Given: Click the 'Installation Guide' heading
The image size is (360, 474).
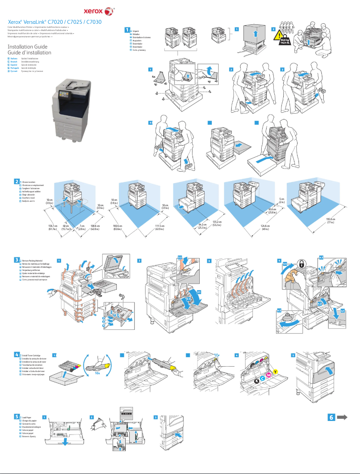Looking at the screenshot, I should click(x=27, y=47).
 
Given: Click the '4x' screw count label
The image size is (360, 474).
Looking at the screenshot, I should click(x=154, y=77).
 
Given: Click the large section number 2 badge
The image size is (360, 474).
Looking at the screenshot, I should click(x=17, y=181).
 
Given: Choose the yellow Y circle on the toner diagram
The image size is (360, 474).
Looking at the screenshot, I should click(x=275, y=371).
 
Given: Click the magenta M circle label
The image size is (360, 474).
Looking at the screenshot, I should click(x=269, y=375).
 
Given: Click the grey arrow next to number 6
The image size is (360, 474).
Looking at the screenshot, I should click(x=342, y=417).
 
